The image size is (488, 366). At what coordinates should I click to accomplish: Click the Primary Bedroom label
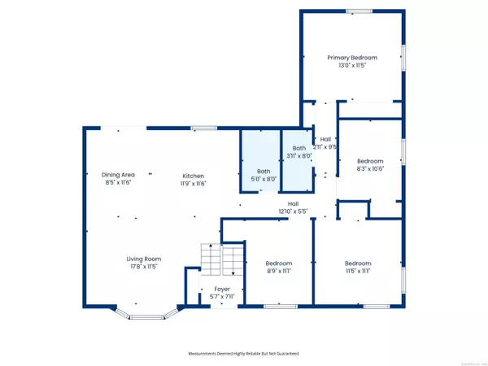[352, 58]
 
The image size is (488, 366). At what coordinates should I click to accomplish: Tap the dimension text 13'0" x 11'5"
[352, 66]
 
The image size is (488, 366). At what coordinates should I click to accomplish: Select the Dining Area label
[118, 176]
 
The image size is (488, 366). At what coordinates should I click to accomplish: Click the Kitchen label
[193, 176]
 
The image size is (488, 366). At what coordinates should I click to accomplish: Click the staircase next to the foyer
[222, 261]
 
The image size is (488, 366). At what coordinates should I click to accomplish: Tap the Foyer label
[222, 289]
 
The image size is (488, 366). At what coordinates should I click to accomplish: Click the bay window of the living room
[147, 312]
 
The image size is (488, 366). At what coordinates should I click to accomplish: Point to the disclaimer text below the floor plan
[244, 355]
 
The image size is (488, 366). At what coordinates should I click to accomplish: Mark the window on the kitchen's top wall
[203, 128]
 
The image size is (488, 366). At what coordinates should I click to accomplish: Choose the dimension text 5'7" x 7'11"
[222, 297]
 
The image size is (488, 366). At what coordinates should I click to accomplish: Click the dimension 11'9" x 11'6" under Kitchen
[193, 184]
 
